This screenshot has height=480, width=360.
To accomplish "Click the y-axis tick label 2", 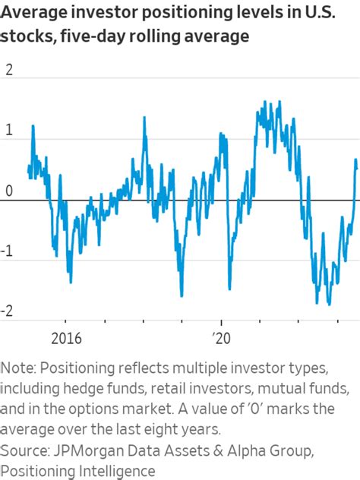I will [x=9, y=69].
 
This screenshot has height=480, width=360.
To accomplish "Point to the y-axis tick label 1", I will [x=9, y=130].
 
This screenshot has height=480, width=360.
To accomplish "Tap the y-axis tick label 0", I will [x=9, y=191].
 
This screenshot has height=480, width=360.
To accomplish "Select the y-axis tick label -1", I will [x=8, y=251].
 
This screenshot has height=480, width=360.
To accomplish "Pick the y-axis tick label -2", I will [x=8, y=311].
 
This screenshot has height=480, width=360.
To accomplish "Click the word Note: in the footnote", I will [x=18, y=368].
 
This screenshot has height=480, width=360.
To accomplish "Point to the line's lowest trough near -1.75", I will [x=329, y=304].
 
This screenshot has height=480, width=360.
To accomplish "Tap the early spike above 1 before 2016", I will [x=33, y=126].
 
